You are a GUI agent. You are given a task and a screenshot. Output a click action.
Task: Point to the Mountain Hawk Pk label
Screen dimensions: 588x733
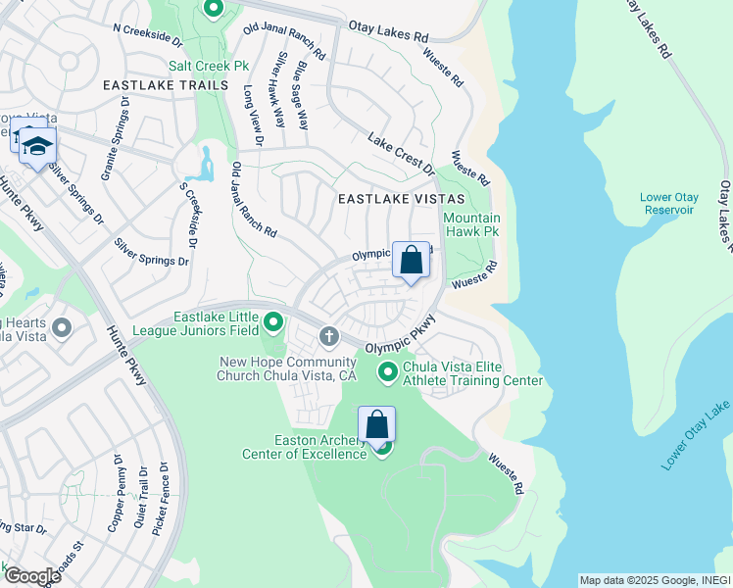[x=471, y=224]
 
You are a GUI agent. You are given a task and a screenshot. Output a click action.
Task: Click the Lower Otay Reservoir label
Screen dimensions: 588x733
[x=668, y=203]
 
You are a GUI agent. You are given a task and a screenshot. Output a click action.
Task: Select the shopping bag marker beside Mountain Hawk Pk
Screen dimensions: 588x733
[x=412, y=261]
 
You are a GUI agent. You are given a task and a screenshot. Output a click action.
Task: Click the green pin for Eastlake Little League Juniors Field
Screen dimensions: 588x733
[x=274, y=321]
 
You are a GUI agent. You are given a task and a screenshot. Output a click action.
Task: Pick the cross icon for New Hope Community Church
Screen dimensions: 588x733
[x=328, y=337]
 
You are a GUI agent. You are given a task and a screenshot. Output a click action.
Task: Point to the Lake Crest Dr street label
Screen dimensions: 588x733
[x=401, y=153]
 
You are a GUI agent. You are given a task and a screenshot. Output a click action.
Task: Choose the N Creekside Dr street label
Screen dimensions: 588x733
[x=148, y=36]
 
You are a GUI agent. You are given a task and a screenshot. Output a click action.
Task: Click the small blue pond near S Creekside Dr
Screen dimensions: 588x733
[x=204, y=165]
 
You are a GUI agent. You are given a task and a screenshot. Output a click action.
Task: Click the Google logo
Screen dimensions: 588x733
[x=31, y=575]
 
